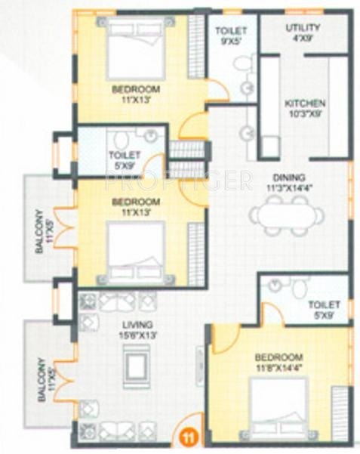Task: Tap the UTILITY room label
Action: coord(303,28)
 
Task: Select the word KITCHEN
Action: coord(304,103)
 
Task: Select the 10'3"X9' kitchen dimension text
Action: coord(304,114)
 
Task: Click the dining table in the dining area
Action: coord(288,216)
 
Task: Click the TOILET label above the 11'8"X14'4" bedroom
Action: coord(324,304)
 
